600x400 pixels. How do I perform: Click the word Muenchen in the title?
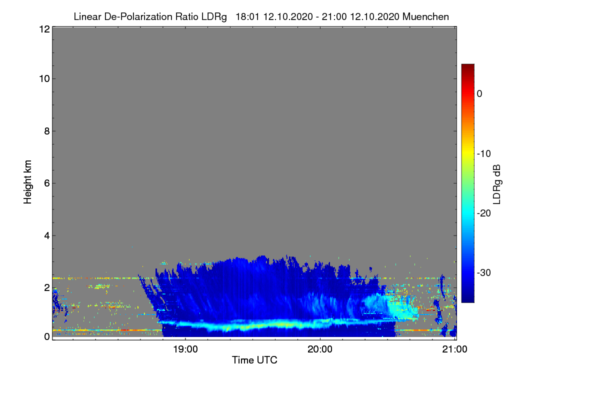[x=425, y=17]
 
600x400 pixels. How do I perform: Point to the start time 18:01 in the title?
[x=247, y=17]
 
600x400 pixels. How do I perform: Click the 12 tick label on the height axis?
[x=44, y=29]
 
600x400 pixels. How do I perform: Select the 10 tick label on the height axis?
[x=44, y=79]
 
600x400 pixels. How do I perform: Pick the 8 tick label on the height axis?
[x=47, y=131]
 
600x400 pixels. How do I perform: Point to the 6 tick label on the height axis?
[x=47, y=183]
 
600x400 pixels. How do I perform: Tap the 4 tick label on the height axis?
[x=47, y=236]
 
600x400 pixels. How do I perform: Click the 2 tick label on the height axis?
[x=47, y=287]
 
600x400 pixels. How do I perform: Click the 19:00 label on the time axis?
[x=185, y=349]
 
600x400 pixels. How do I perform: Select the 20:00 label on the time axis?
[x=320, y=349]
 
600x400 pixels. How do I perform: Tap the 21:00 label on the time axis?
[x=455, y=349]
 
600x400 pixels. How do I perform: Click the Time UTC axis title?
[x=254, y=360]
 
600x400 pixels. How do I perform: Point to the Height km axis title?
[x=27, y=182]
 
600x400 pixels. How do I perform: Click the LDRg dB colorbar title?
[x=497, y=184]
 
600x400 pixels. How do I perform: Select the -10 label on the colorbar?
[x=484, y=154]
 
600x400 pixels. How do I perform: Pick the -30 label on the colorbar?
[x=484, y=272]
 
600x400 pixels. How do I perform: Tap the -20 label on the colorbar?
[x=484, y=213]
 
